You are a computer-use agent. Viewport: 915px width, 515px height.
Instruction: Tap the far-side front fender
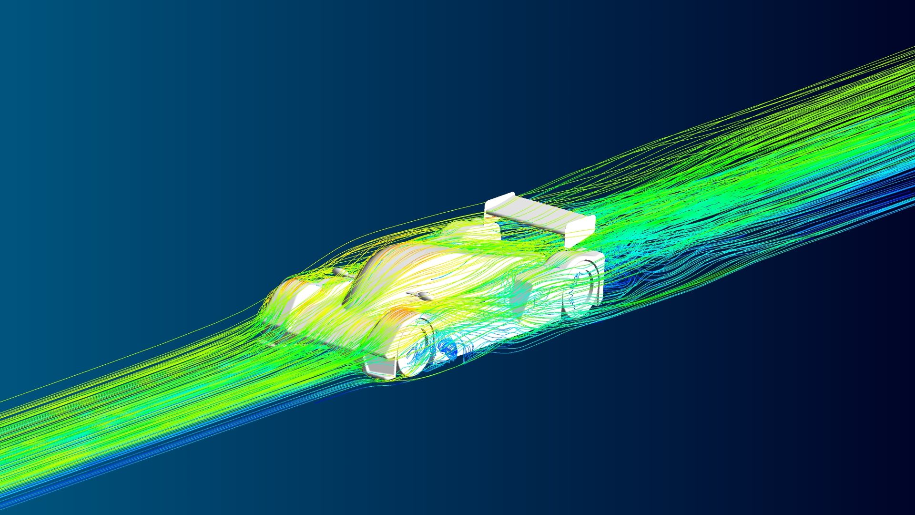tap(291, 291)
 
